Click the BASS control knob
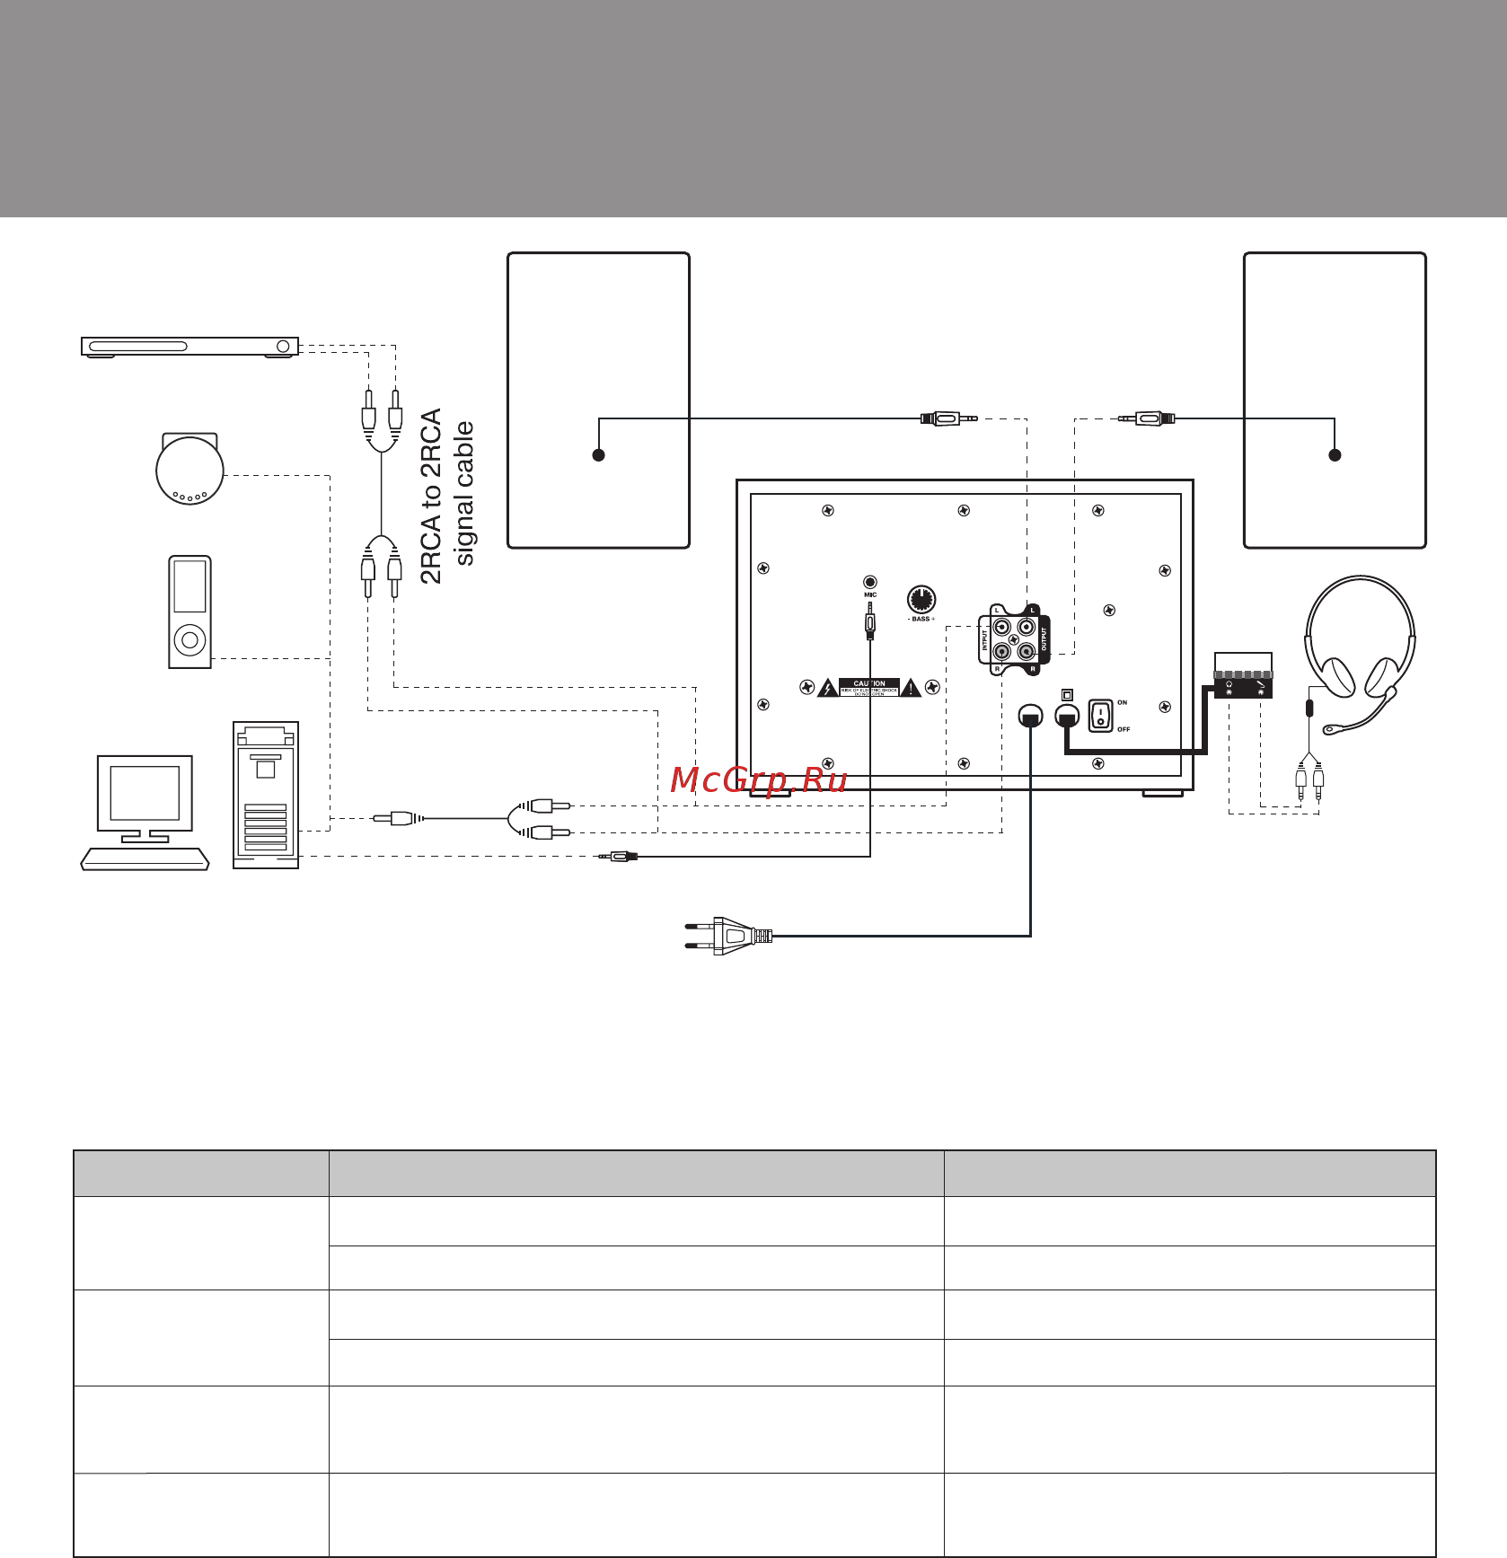tap(921, 599)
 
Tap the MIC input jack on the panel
tap(869, 582)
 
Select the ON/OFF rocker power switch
tap(1100, 716)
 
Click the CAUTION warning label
tap(869, 688)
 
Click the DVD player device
tap(189, 347)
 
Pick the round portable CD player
tap(189, 470)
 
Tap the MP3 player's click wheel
tap(189, 640)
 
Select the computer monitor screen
tap(145, 793)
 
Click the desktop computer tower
tap(266, 795)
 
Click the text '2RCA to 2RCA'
tap(432, 496)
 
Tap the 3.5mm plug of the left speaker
tap(947, 418)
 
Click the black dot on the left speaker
tap(598, 455)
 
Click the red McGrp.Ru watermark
tap(759, 779)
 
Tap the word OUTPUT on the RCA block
tap(1044, 639)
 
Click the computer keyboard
tap(145, 859)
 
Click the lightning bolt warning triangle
tap(827, 689)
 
